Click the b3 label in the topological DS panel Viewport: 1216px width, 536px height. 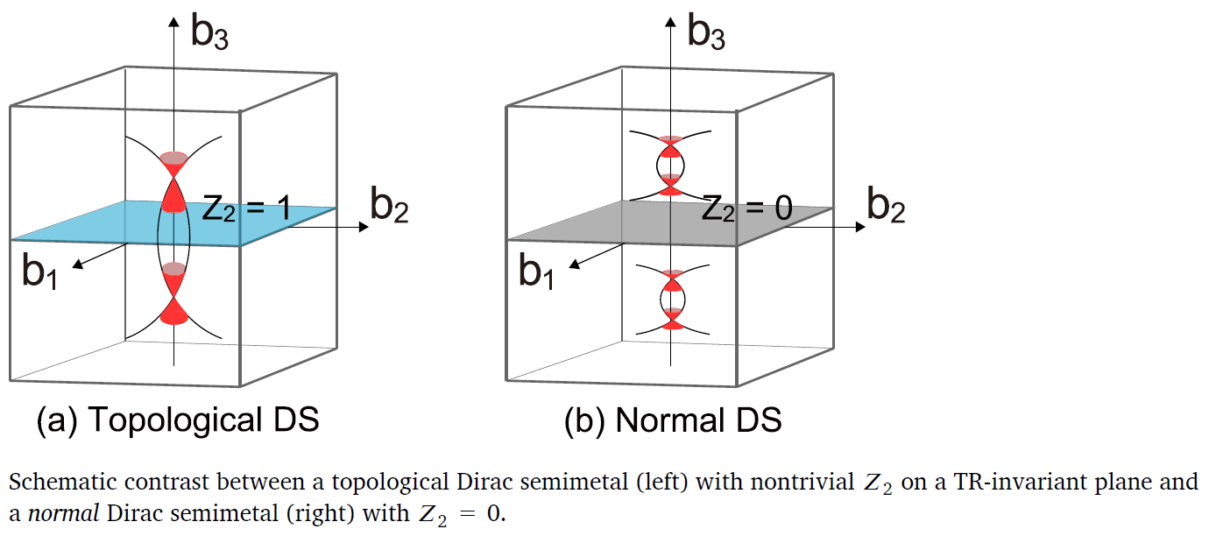tap(209, 32)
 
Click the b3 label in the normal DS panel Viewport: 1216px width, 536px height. tap(706, 32)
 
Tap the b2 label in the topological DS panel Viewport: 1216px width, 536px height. tap(389, 205)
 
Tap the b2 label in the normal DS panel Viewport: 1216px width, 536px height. tap(886, 205)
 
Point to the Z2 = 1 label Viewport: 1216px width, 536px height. tap(246, 208)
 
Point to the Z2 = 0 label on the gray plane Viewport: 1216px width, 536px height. tap(747, 208)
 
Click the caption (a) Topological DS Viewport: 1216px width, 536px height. tap(178, 420)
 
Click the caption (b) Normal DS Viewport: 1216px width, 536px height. tap(673, 420)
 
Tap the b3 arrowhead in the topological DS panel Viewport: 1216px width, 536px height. tap(173, 22)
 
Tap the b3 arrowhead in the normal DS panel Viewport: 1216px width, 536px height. tap(671, 22)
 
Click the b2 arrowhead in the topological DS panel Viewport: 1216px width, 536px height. tap(364, 227)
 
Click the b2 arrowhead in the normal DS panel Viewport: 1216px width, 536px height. tap(860, 227)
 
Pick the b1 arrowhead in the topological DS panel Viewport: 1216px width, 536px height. tap(78, 264)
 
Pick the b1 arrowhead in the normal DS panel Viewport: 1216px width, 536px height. tap(575, 264)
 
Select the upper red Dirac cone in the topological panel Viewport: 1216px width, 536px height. tap(173, 182)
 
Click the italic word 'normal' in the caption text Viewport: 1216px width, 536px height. tap(63, 513)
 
